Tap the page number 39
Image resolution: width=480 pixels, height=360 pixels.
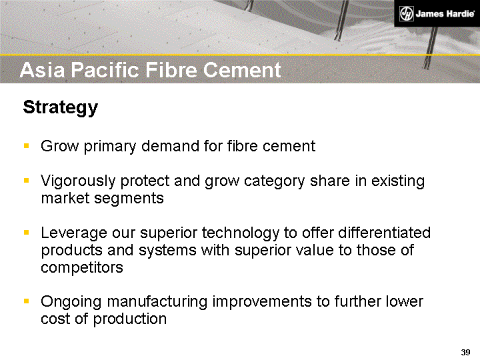click(465, 352)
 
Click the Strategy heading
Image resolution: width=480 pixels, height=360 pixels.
click(61, 107)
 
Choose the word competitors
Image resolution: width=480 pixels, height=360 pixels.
click(82, 268)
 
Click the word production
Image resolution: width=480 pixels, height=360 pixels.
click(130, 319)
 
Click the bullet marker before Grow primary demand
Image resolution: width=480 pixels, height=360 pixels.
click(27, 146)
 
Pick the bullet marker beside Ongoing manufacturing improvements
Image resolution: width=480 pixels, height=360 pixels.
click(27, 301)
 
